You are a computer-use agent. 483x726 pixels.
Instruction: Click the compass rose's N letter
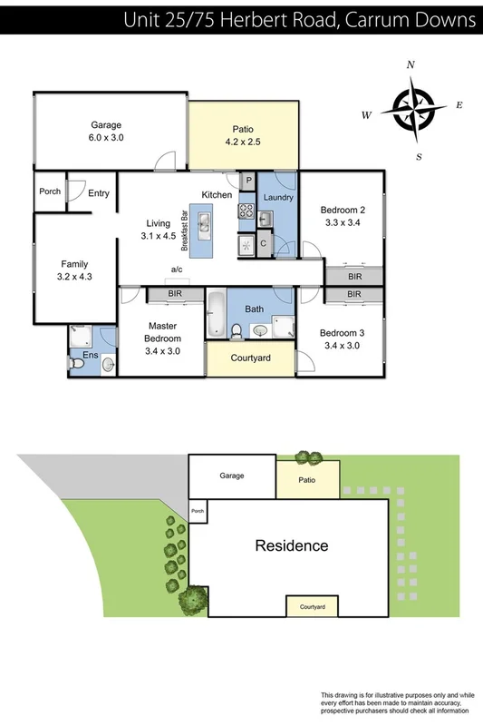click(411, 65)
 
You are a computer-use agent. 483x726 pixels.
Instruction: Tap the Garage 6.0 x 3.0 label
click(106, 132)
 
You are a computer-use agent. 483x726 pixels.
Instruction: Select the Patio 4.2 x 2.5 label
click(243, 135)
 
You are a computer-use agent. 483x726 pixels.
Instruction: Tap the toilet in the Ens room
click(78, 362)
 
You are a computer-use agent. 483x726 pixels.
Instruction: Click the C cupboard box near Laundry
click(263, 243)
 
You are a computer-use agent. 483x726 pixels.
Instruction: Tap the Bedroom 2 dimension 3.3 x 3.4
click(343, 223)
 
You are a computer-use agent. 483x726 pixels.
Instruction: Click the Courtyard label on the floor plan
click(251, 358)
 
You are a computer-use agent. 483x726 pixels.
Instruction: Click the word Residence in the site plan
click(291, 545)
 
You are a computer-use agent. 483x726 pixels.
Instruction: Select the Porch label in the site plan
click(198, 510)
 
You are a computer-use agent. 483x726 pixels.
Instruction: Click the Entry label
click(99, 192)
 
